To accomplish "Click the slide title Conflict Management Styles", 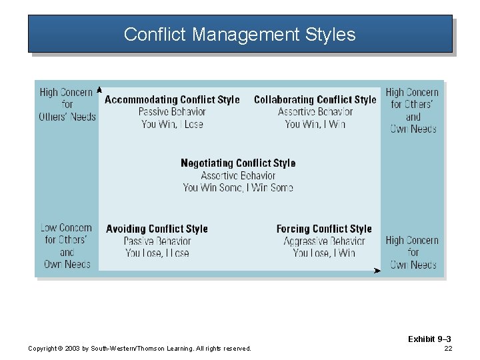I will tap(239, 35).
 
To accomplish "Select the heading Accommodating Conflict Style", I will tap(172, 100).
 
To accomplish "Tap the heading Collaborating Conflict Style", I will tap(315, 100).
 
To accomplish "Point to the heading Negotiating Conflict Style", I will tap(238, 163).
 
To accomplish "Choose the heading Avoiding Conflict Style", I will tap(157, 229).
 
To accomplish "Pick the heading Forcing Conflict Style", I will tap(324, 229).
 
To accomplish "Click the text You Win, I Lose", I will tap(172, 124).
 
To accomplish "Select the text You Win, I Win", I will tap(315, 124).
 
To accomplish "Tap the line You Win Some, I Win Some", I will tap(238, 188).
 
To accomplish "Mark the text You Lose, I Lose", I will tap(157, 253).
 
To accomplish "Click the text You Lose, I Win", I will tap(324, 253).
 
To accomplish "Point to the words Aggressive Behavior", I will tap(324, 241).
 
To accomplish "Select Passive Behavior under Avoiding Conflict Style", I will tap(157, 241).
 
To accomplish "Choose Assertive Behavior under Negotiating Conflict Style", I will tap(238, 176).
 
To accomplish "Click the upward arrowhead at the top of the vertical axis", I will tap(99, 89).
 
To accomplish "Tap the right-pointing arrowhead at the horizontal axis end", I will tap(377, 270).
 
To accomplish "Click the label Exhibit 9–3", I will tap(429, 339).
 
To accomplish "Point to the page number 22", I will tap(447, 349).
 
